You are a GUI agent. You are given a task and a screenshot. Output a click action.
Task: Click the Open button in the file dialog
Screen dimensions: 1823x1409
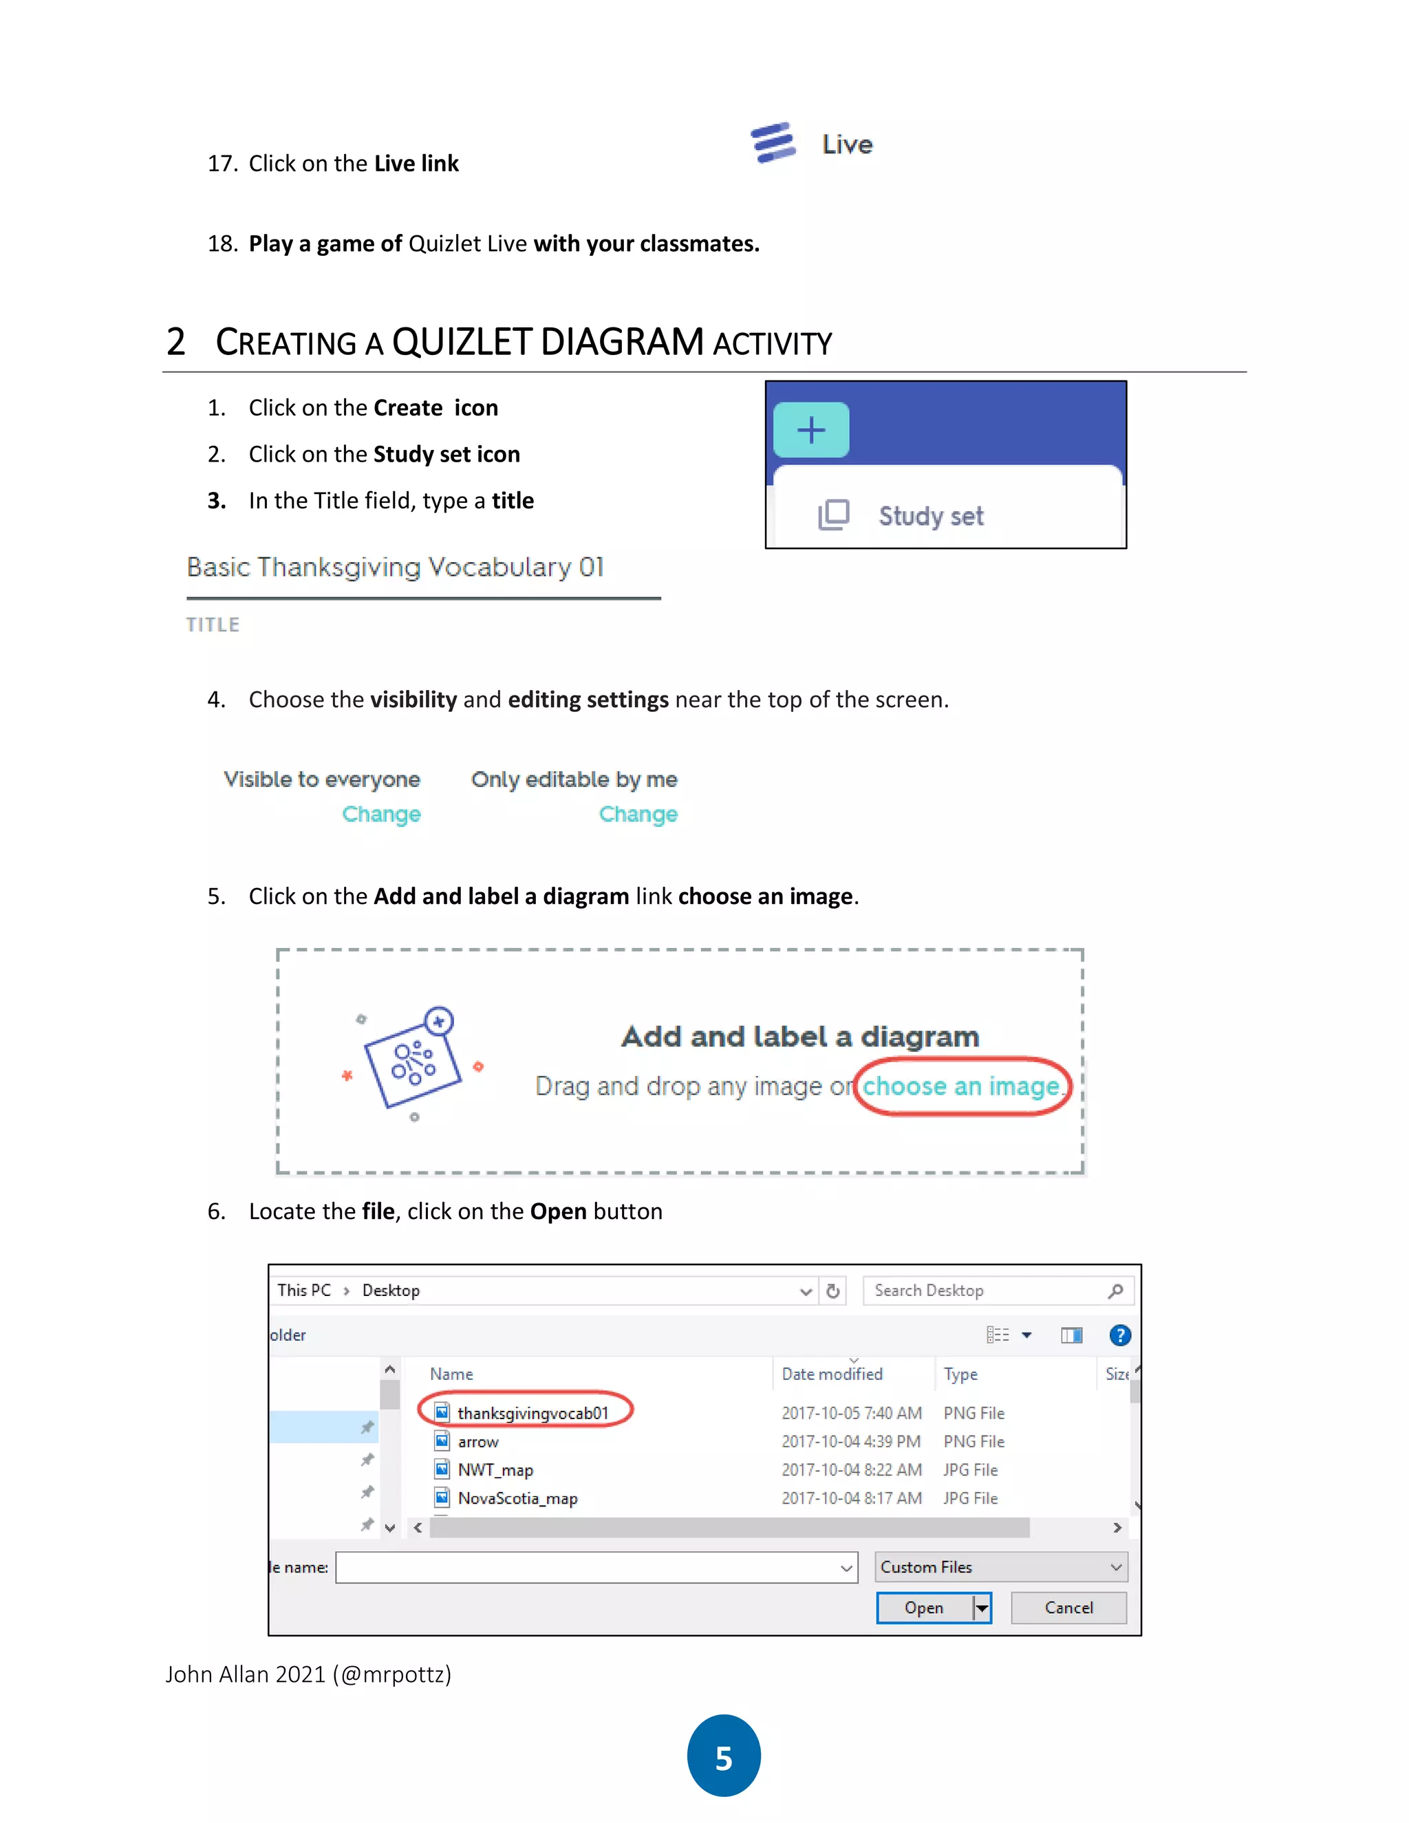pyautogui.click(x=923, y=1608)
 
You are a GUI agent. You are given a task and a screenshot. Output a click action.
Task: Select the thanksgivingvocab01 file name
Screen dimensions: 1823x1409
pyautogui.click(x=533, y=1413)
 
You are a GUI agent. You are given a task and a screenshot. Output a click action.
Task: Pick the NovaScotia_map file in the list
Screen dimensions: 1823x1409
pyautogui.click(x=517, y=1498)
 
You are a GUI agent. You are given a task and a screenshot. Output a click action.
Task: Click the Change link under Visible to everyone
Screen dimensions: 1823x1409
pyautogui.click(x=381, y=814)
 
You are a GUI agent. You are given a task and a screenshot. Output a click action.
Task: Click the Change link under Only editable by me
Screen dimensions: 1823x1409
pyautogui.click(x=638, y=814)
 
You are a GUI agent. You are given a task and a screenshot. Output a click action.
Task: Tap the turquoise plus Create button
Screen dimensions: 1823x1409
pyautogui.click(x=810, y=431)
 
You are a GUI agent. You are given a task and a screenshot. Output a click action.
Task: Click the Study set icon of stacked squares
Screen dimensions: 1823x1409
pyautogui.click(x=833, y=515)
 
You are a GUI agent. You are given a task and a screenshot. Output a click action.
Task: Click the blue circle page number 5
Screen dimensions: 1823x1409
pyautogui.click(x=724, y=1756)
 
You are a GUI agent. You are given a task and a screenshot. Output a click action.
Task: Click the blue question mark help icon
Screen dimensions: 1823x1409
pyautogui.click(x=1119, y=1335)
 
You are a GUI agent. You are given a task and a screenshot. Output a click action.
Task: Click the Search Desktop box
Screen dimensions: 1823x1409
pyautogui.click(x=985, y=1291)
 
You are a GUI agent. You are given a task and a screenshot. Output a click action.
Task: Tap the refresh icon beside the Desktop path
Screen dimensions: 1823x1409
pyautogui.click(x=832, y=1291)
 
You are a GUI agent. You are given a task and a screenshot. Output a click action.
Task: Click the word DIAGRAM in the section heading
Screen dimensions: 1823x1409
pyautogui.click(x=622, y=342)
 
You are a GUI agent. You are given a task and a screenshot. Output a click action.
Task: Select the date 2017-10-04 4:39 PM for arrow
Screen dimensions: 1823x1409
pyautogui.click(x=850, y=1441)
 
